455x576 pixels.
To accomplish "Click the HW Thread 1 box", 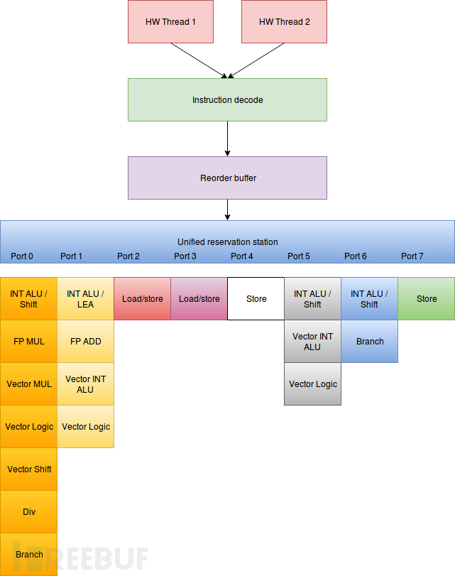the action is pyautogui.click(x=170, y=22).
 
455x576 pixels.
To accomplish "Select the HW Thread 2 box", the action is pyautogui.click(x=284, y=22).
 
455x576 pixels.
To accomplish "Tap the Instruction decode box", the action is pyautogui.click(x=227, y=100).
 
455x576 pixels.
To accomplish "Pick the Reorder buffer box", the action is pyautogui.click(x=227, y=178).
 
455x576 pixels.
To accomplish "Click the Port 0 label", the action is pyautogui.click(x=22, y=256).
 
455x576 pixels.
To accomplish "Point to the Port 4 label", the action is pyautogui.click(x=241, y=256).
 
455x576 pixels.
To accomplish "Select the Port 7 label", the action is pyautogui.click(x=412, y=256).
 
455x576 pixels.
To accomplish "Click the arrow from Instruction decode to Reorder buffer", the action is pyautogui.click(x=227, y=139).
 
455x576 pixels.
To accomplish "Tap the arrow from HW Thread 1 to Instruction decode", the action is pyautogui.click(x=199, y=60).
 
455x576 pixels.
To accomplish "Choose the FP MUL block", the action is pyautogui.click(x=28, y=341).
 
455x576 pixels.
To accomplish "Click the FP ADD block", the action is pyautogui.click(x=86, y=341).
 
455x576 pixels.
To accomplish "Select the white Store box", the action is pyautogui.click(x=256, y=298).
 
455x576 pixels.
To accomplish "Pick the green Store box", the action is pyautogui.click(x=427, y=298).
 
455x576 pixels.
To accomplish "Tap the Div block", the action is pyautogui.click(x=28, y=511).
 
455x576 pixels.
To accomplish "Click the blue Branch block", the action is pyautogui.click(x=369, y=341).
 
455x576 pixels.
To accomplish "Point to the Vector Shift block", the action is pyautogui.click(x=28, y=469).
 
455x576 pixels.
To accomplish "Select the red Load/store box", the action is pyautogui.click(x=143, y=298).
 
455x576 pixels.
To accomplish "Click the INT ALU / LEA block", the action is pyautogui.click(x=86, y=298).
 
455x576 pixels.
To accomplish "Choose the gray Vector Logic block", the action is pyautogui.click(x=312, y=384).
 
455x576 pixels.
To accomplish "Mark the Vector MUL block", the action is pyautogui.click(x=28, y=384).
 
